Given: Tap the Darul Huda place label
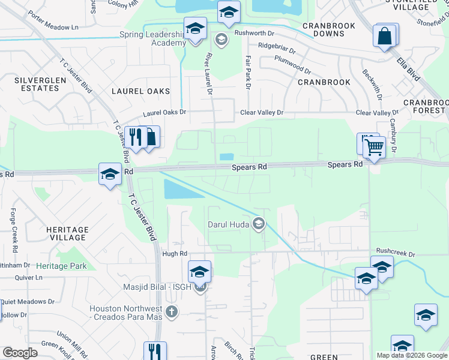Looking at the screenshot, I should click(x=228, y=224).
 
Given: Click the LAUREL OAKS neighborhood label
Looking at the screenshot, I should click(x=140, y=91).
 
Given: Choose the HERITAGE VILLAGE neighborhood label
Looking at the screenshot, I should click(x=67, y=233).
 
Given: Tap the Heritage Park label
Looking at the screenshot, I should click(x=61, y=266).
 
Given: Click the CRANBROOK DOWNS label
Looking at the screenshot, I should click(x=329, y=30).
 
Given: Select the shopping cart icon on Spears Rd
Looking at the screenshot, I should click(x=374, y=146).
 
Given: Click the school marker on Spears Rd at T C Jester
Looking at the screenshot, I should click(x=110, y=174).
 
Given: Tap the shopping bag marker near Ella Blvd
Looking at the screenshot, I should click(x=384, y=36).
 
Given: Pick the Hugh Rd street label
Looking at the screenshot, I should click(x=175, y=254).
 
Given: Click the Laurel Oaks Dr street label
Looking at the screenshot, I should click(x=164, y=112).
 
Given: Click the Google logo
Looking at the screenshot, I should click(x=20, y=353).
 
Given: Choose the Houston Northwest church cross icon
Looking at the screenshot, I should click(x=172, y=311).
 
